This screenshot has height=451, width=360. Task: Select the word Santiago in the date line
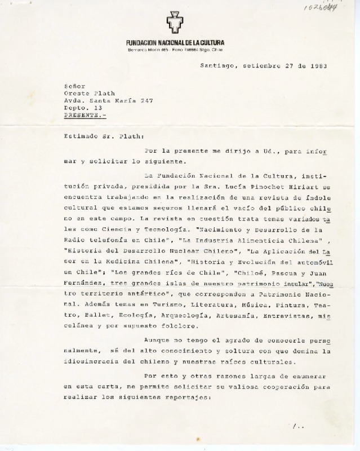218,66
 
